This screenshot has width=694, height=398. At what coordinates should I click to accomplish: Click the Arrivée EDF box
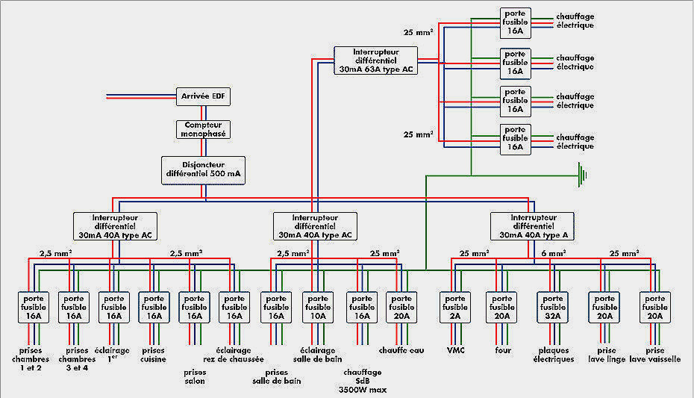coord(203,96)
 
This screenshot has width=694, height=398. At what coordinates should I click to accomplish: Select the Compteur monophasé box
coord(203,129)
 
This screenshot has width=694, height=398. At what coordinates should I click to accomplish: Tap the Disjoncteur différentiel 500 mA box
coord(203,170)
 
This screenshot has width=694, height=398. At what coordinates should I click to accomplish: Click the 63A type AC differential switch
coord(376,60)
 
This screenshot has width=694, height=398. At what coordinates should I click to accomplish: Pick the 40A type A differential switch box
coord(533,226)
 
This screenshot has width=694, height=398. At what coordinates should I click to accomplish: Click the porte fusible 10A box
coord(317,307)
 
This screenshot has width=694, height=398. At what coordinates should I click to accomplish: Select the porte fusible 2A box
coord(454,307)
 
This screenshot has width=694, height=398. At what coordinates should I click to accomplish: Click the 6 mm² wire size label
coord(554,254)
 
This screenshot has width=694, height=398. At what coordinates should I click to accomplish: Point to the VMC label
coord(455,349)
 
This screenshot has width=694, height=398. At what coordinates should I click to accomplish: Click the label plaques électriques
coord(555,354)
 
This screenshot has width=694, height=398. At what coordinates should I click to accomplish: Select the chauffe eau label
coord(401,349)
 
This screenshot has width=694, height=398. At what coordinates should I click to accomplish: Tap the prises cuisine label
coord(153,354)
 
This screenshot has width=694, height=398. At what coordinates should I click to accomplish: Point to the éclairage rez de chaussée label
coord(234,354)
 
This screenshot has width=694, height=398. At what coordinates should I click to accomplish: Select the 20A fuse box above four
coord(502,307)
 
